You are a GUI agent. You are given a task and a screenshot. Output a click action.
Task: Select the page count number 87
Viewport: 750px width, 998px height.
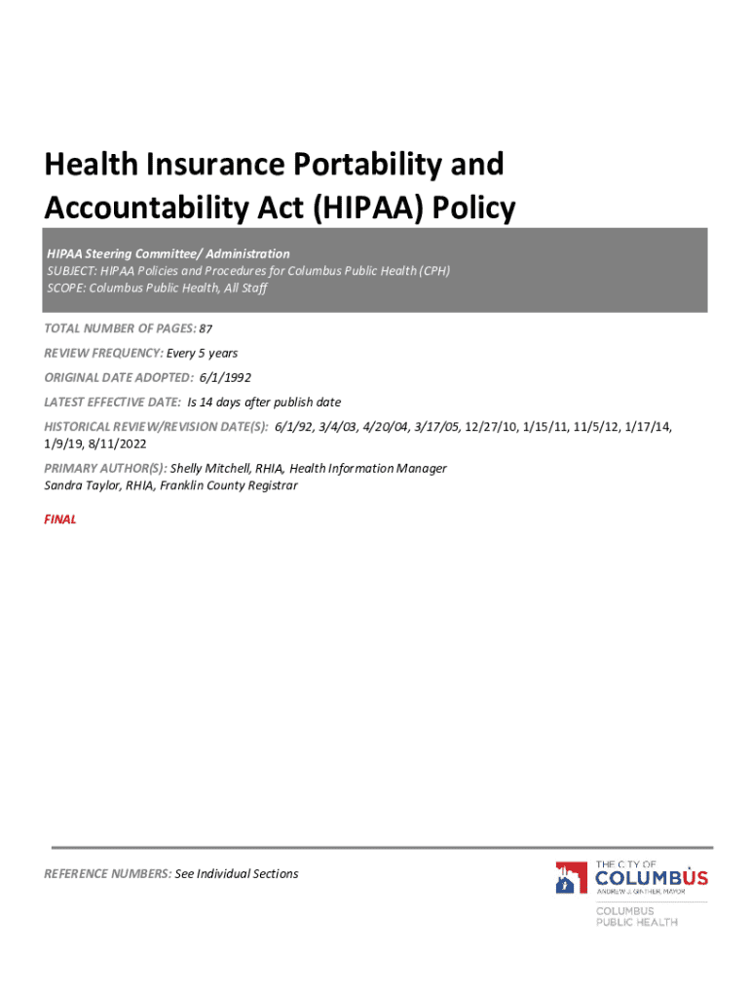tap(206, 329)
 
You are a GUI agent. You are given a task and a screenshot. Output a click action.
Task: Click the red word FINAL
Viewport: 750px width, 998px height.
tap(60, 519)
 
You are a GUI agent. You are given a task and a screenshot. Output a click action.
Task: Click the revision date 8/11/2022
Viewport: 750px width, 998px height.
tap(118, 443)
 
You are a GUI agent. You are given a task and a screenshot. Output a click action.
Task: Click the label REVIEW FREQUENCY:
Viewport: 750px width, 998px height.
tap(103, 353)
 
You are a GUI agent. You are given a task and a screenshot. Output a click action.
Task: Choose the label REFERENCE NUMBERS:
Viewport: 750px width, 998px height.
tap(107, 873)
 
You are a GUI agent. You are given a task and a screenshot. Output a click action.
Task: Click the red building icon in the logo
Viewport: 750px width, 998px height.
tap(570, 878)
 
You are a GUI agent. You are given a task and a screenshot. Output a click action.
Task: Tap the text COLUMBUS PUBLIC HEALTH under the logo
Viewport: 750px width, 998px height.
tap(637, 916)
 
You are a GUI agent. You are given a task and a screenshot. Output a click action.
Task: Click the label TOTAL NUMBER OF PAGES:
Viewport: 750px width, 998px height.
tap(120, 329)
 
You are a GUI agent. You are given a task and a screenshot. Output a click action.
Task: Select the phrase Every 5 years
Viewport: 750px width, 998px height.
tap(203, 353)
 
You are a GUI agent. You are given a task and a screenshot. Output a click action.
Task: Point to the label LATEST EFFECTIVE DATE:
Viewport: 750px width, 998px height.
tap(112, 402)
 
